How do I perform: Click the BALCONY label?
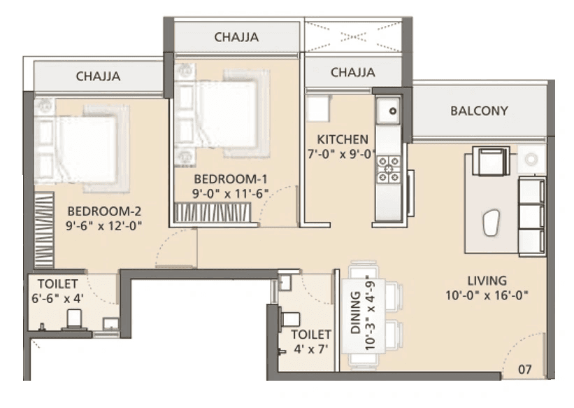coord(479,111)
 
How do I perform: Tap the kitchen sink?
coord(388,110)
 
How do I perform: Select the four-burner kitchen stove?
coord(388,169)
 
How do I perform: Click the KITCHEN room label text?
coord(343,139)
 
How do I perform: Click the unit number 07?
coord(526,367)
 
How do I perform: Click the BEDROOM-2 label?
coord(99,210)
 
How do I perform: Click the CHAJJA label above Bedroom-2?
coord(98,76)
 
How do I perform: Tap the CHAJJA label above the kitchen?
coord(352,72)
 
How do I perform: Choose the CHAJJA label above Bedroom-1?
coord(237,36)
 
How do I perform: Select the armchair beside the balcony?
coord(488,162)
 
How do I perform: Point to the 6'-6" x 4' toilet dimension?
coord(55,299)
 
